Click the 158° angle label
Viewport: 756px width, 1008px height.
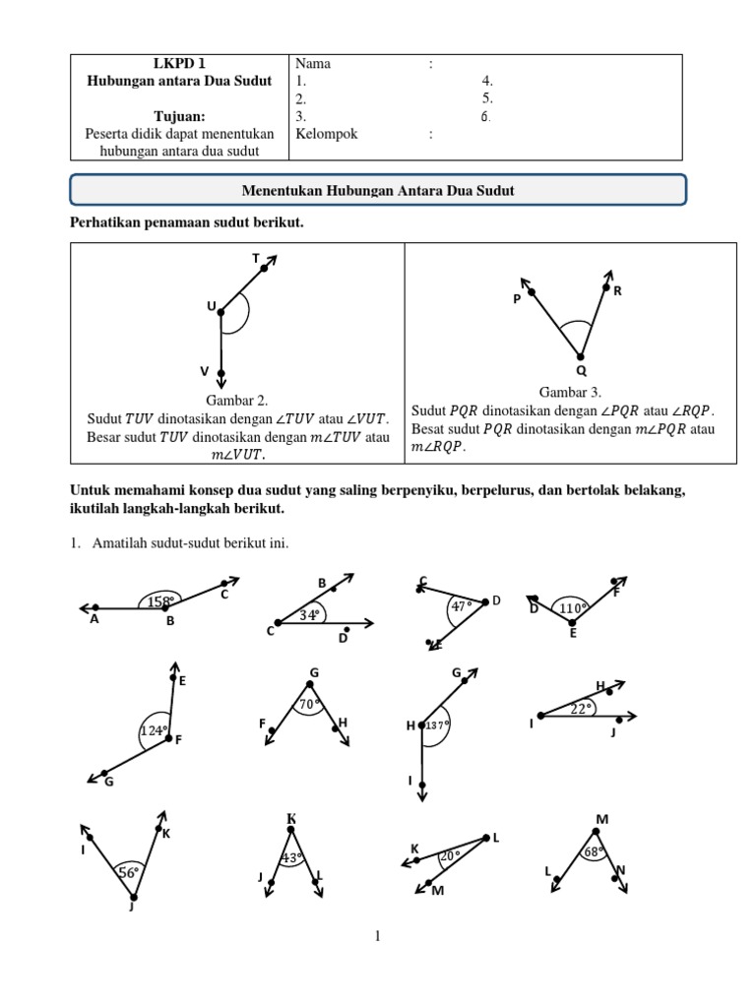[x=160, y=600]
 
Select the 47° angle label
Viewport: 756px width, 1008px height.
[x=461, y=607]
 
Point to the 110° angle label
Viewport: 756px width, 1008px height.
[x=573, y=608]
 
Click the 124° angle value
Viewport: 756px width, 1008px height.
[x=153, y=730]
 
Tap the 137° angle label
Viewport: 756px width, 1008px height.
[x=436, y=725]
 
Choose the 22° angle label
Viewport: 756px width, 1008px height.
[x=583, y=708]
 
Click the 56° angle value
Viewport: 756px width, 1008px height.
[x=129, y=872]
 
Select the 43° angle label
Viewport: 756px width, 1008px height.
[x=290, y=858]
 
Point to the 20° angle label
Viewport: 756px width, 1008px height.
[x=450, y=855]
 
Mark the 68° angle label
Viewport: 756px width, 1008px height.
[x=594, y=852]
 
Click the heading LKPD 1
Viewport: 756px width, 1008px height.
[x=179, y=64]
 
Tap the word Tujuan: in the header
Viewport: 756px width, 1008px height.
[x=179, y=116]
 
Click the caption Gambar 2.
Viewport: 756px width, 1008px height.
[x=236, y=401]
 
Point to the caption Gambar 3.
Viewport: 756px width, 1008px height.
[x=570, y=391]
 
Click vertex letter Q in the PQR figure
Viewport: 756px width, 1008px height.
[x=581, y=371]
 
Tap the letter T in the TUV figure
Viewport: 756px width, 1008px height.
[x=256, y=258]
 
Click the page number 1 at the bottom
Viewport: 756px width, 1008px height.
[x=377, y=936]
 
